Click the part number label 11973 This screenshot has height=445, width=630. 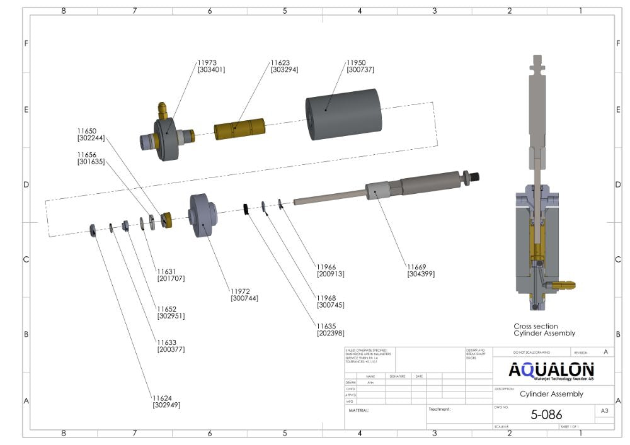pyautogui.click(x=207, y=63)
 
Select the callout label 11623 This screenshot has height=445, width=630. pyautogui.click(x=280, y=63)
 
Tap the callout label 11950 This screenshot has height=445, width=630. pyautogui.click(x=356, y=63)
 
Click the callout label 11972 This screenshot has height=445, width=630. pyautogui.click(x=240, y=291)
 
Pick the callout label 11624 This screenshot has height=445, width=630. pyautogui.click(x=162, y=398)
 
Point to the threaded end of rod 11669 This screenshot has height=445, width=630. pyautogui.click(x=474, y=177)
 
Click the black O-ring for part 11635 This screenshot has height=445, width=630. pyautogui.click(x=248, y=209)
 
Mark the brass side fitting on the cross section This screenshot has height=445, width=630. pyautogui.click(x=567, y=285)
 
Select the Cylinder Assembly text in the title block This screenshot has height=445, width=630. pyautogui.click(x=551, y=394)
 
